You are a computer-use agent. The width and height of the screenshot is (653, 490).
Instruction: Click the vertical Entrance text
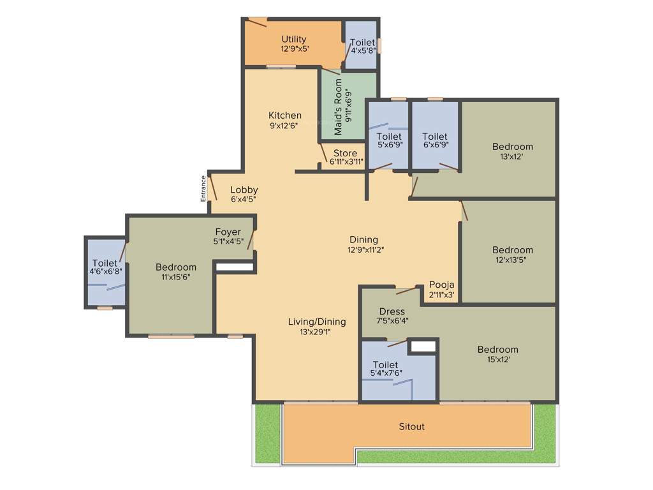pos(204,188)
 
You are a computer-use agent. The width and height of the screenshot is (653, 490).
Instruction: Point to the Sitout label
pos(411,426)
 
